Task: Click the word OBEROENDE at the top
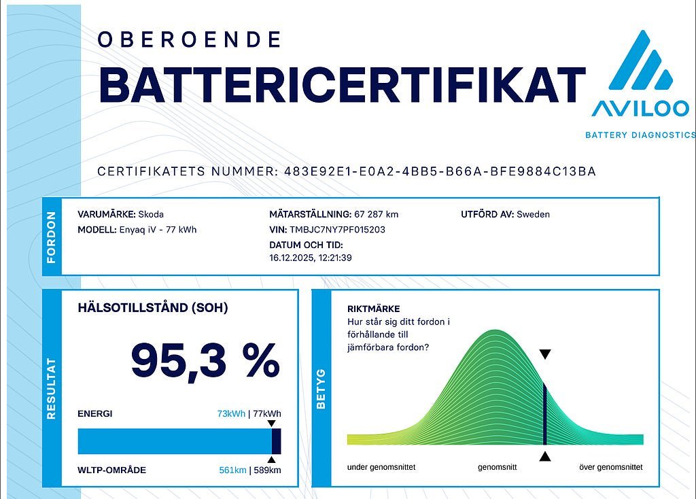189,39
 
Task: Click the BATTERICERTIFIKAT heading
342,85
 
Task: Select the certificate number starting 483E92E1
436,171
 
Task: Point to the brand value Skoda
151,214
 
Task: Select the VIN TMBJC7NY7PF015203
337,230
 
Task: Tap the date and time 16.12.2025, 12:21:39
311,258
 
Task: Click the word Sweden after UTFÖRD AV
534,214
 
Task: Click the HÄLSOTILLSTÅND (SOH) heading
153,308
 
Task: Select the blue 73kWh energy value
232,414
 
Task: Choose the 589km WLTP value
267,470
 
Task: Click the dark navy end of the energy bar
277,441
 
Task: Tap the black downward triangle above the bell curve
544,355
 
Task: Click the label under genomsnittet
381,468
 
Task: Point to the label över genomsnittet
610,468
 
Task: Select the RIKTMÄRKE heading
373,309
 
